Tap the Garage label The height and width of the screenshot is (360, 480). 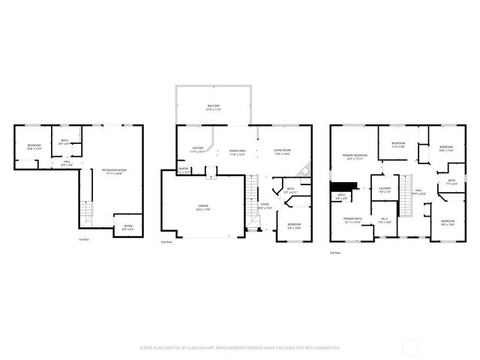[203, 206]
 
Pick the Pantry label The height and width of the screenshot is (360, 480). [184, 170]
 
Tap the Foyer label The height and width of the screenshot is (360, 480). [265, 205]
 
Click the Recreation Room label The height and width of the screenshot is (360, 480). [114, 172]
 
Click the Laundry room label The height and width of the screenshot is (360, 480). [385, 190]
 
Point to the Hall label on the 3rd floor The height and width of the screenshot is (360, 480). [418, 191]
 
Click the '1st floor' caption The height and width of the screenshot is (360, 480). [85, 239]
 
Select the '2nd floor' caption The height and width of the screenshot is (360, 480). [166, 242]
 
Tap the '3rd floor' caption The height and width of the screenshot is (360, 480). [335, 252]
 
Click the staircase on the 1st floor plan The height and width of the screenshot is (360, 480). [86, 212]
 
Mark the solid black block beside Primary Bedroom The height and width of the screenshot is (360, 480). [343, 186]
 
